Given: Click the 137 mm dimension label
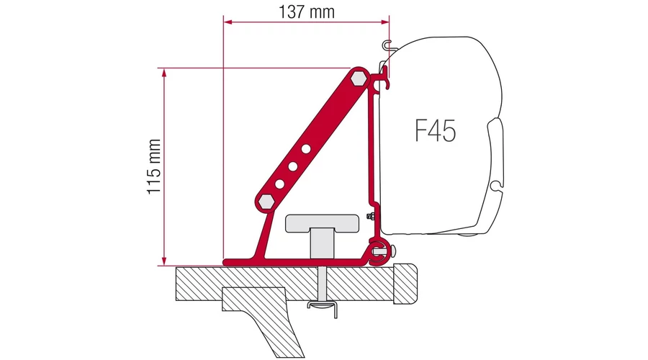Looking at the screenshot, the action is (x=306, y=12).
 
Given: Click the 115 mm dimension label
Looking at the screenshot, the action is (x=154, y=166).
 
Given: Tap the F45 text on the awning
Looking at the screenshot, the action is (x=435, y=130).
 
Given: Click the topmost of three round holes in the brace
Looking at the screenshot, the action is (x=306, y=148).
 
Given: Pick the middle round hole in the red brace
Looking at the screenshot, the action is (x=293, y=166).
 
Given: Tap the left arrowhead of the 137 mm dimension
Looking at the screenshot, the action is (x=227, y=22).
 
